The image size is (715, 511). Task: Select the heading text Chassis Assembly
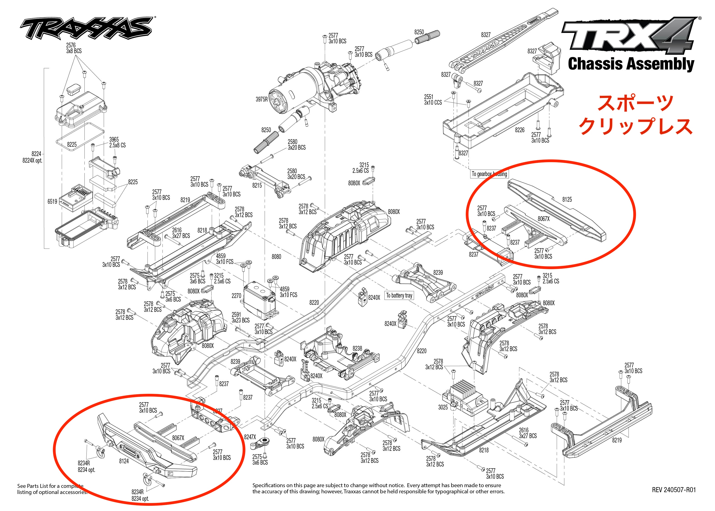pos(631,64)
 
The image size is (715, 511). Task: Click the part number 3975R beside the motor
pos(262,100)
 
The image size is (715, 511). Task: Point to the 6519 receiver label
pos(52,201)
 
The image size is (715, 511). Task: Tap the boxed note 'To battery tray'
pos(399,295)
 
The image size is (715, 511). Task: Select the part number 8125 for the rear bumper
pos(567,199)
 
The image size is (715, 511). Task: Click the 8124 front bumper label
pos(124,461)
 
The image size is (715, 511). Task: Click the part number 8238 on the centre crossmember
pos(357,348)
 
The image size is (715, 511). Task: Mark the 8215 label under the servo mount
pos(257,185)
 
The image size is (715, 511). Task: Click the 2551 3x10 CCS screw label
pos(433,100)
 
